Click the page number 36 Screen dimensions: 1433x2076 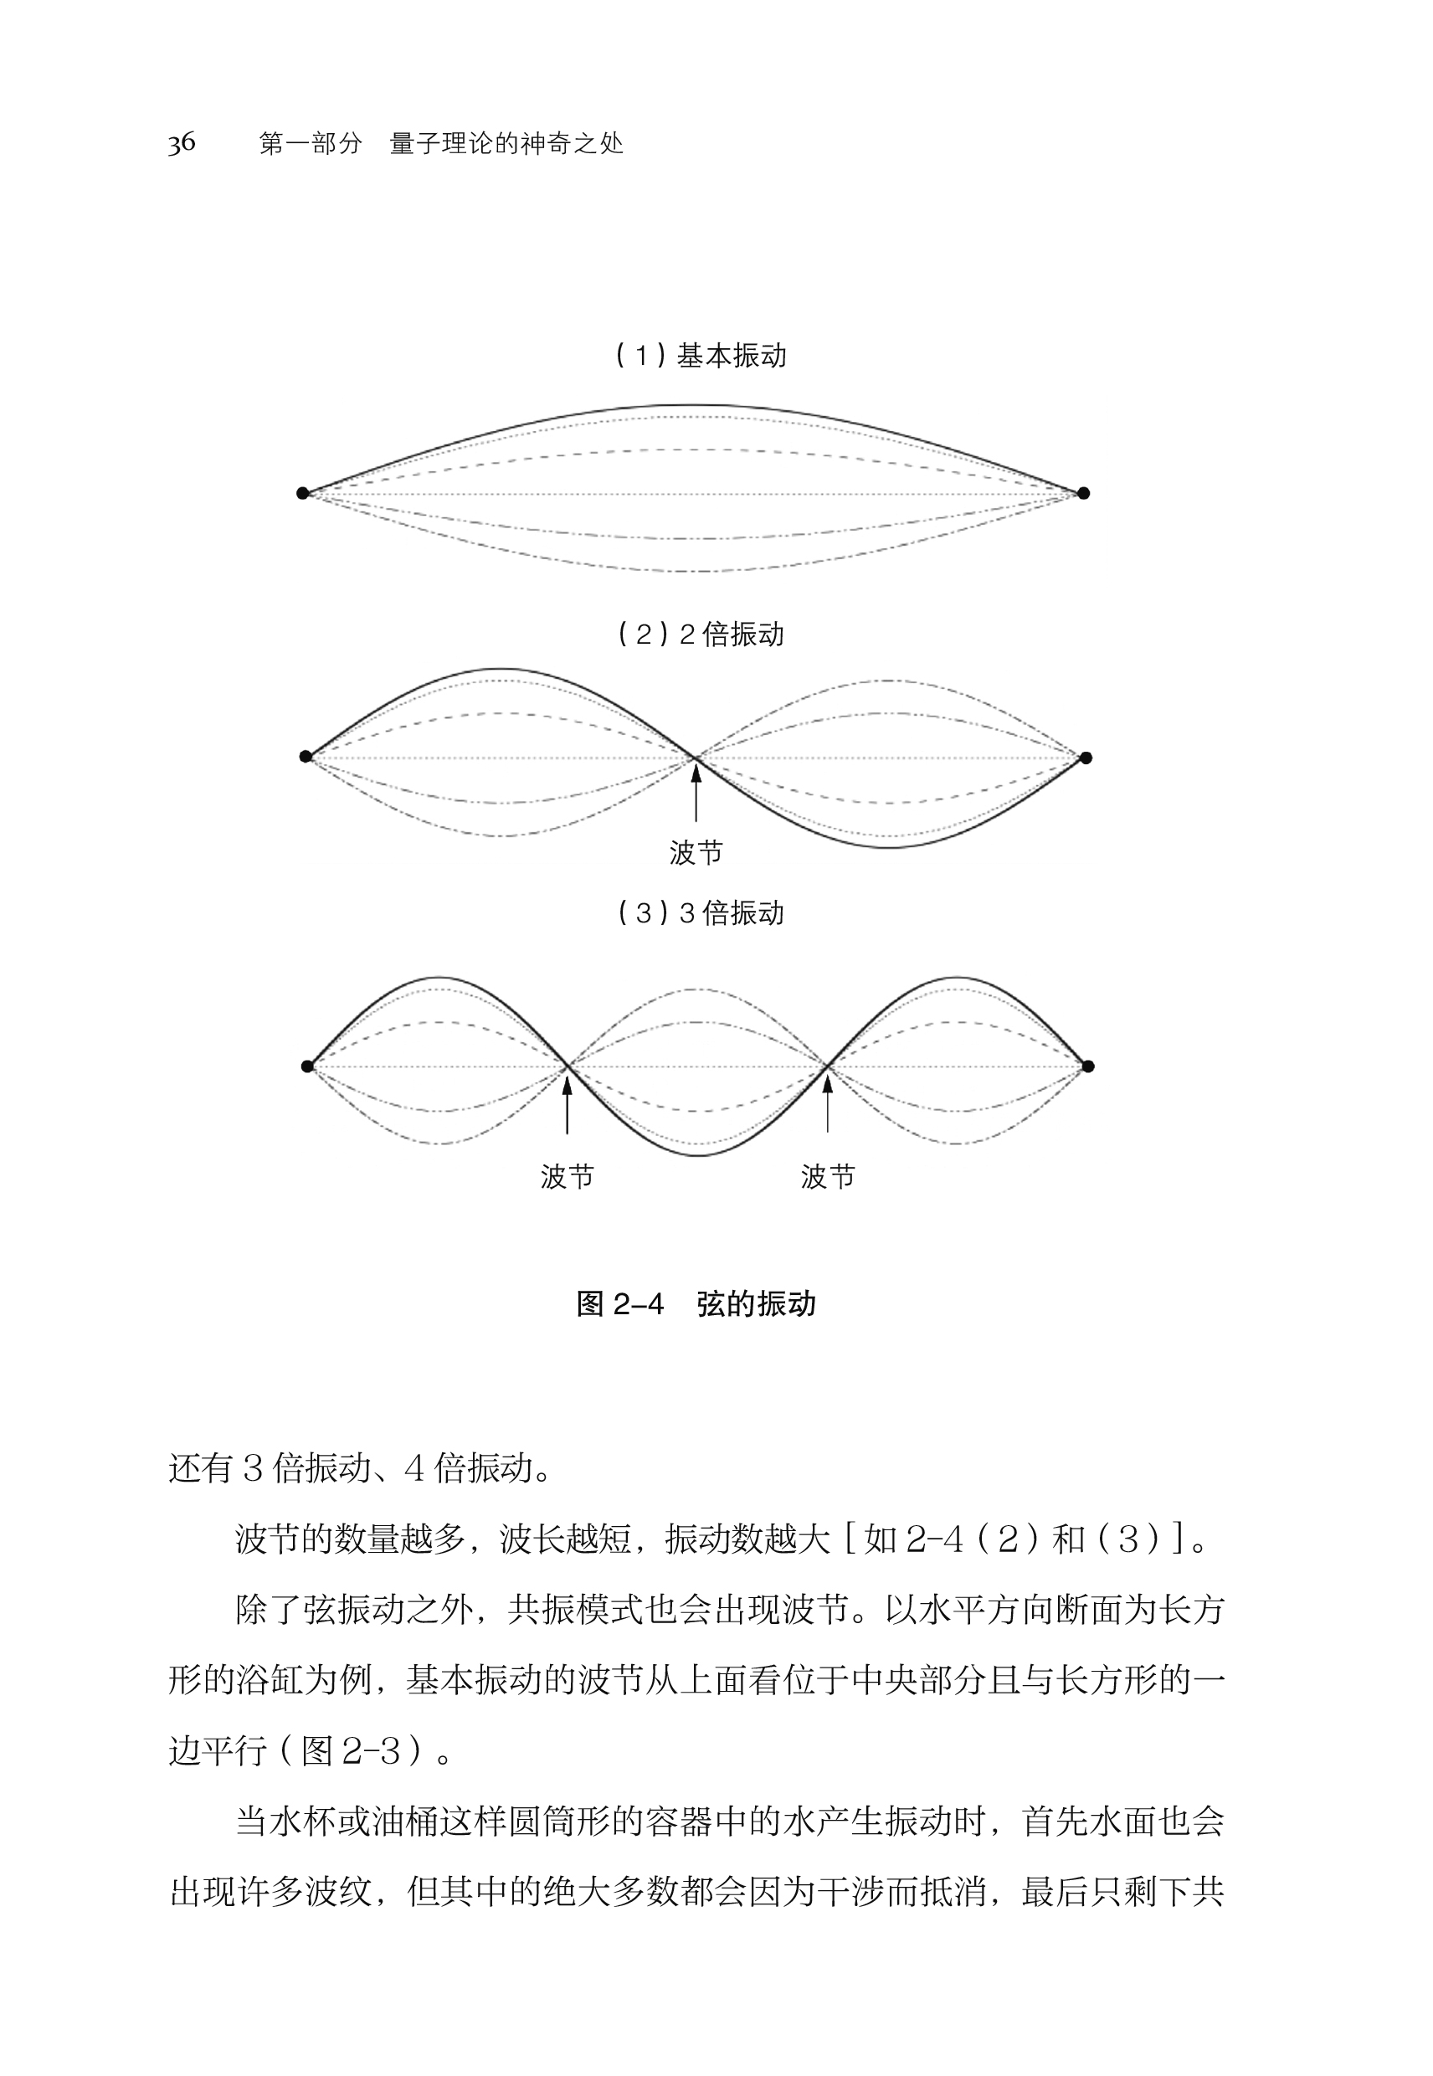(x=182, y=143)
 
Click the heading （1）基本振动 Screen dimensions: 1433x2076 (x=701, y=356)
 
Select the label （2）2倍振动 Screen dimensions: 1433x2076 (x=701, y=635)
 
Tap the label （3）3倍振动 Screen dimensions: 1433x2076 (x=701, y=913)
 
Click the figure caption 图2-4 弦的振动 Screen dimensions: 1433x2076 (x=696, y=1304)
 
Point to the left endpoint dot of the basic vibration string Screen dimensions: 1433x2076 (x=302, y=493)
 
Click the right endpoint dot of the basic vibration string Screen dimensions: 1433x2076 (x=1084, y=493)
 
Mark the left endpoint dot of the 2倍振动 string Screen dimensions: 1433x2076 (x=306, y=756)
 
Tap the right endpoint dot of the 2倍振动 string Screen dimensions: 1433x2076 (x=1086, y=758)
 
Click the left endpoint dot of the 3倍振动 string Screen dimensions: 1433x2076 (x=307, y=1066)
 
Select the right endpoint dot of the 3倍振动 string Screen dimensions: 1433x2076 (x=1088, y=1066)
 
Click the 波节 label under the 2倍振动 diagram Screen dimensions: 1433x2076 (x=696, y=852)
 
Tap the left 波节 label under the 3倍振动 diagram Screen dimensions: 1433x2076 (x=567, y=1176)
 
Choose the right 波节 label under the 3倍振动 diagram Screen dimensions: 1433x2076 (x=828, y=1176)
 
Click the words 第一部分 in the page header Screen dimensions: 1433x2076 (x=311, y=144)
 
